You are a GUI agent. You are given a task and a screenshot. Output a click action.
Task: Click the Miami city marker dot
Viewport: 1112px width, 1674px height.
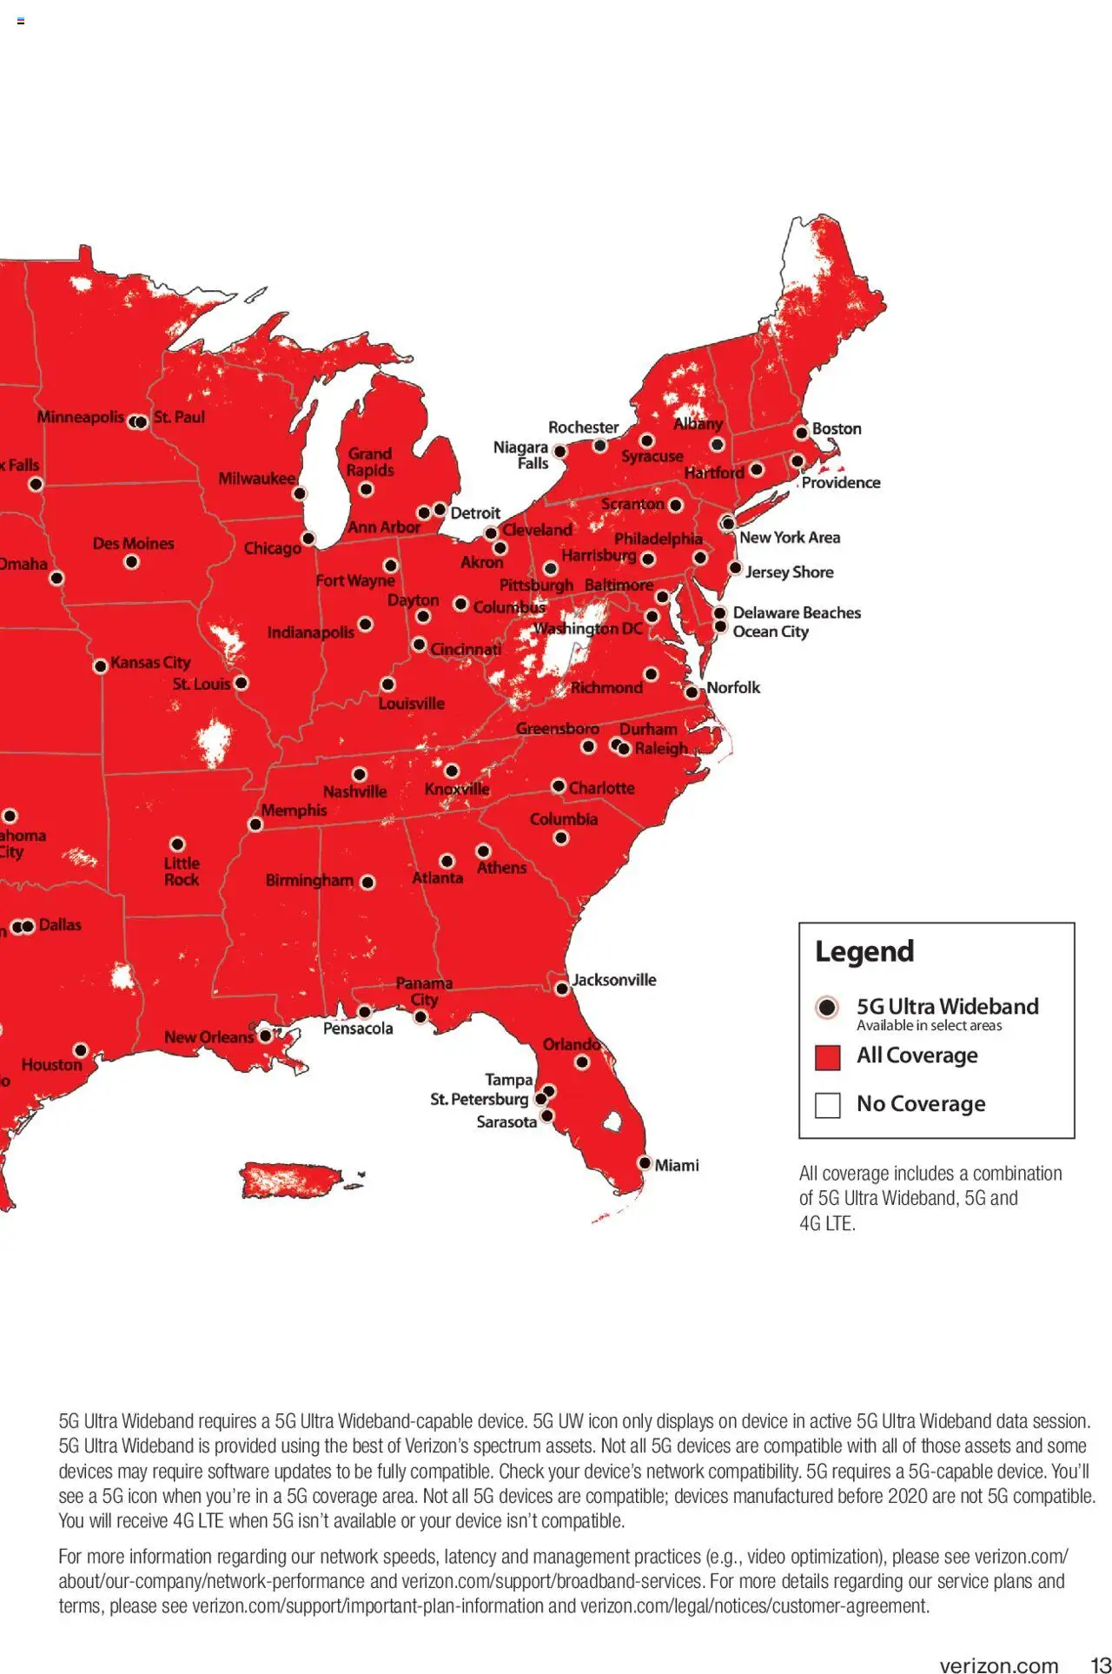(x=645, y=1162)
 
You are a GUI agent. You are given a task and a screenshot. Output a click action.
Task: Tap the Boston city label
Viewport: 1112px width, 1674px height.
(x=836, y=428)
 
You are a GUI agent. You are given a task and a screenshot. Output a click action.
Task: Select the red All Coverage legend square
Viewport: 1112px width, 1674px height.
(x=827, y=1057)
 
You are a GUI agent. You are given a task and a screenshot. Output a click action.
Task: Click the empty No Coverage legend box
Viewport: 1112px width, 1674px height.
(x=827, y=1105)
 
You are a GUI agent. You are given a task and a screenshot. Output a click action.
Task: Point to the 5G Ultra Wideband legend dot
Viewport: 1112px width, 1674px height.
(x=827, y=1007)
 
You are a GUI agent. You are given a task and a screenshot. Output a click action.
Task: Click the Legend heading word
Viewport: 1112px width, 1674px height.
(x=864, y=951)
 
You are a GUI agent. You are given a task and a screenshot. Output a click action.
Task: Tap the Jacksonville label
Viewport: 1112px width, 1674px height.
(x=613, y=979)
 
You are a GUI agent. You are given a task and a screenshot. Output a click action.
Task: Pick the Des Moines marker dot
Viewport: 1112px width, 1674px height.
(x=131, y=562)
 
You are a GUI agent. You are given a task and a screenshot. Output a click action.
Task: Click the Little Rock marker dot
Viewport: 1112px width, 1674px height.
(x=177, y=844)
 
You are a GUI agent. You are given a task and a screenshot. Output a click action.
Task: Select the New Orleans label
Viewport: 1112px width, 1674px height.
(x=208, y=1036)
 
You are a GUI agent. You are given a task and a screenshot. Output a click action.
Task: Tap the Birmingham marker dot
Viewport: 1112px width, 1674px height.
(x=367, y=883)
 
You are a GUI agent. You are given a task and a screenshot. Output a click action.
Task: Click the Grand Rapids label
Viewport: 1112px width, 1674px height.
(x=370, y=461)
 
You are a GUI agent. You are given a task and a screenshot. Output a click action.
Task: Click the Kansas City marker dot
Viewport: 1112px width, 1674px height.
(x=101, y=665)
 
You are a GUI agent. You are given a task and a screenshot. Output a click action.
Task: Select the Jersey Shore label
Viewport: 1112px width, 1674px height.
(x=789, y=572)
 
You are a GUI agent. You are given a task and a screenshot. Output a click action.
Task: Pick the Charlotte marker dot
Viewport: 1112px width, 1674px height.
(x=559, y=785)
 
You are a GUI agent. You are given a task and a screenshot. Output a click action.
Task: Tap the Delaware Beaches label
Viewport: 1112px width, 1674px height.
(x=796, y=612)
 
